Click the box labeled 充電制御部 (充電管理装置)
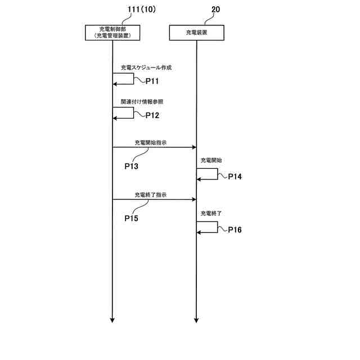[112, 33]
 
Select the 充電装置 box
[196, 33]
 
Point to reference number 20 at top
[215, 10]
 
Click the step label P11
[152, 82]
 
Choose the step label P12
[152, 115]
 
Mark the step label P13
[131, 166]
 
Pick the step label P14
[235, 177]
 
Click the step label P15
[132, 218]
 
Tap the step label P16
[235, 230]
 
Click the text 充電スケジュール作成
[146, 67]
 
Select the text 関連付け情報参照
[142, 102]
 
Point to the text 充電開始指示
[150, 143]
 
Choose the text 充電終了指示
[150, 195]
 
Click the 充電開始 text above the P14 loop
[211, 160]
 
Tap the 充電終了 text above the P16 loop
[211, 214]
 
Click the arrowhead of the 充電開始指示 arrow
[193, 147]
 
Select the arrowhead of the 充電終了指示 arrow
[193, 199]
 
